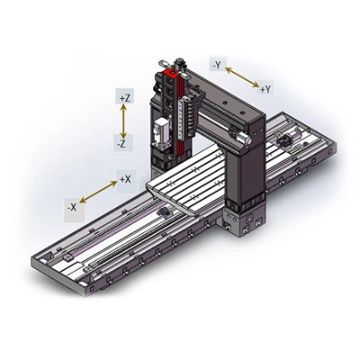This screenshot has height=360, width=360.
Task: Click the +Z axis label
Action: pos(125,95)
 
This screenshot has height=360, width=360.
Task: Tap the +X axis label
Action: pos(125,179)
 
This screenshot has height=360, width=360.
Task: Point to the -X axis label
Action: pos(71,207)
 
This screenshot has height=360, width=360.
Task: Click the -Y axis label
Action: pos(216,64)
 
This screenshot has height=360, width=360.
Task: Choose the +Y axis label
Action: pos(265,89)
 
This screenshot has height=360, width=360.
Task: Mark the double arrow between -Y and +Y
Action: pos(240,76)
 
